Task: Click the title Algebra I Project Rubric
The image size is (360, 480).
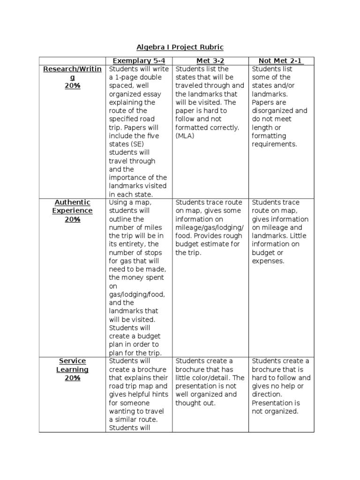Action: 180,47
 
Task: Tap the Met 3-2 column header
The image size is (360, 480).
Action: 210,60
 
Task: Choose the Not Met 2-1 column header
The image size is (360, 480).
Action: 281,60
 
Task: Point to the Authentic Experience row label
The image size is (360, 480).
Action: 72,207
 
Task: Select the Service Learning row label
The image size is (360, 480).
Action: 72,365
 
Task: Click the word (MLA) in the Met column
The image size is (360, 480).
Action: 185,136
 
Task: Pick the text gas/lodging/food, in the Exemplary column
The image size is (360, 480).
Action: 137,294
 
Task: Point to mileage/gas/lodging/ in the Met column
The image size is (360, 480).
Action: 210,228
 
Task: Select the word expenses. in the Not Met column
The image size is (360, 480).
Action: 268,261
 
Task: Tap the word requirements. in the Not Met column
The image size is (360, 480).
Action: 274,144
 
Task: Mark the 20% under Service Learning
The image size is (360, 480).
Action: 72,378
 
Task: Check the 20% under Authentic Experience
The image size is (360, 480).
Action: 72,219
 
